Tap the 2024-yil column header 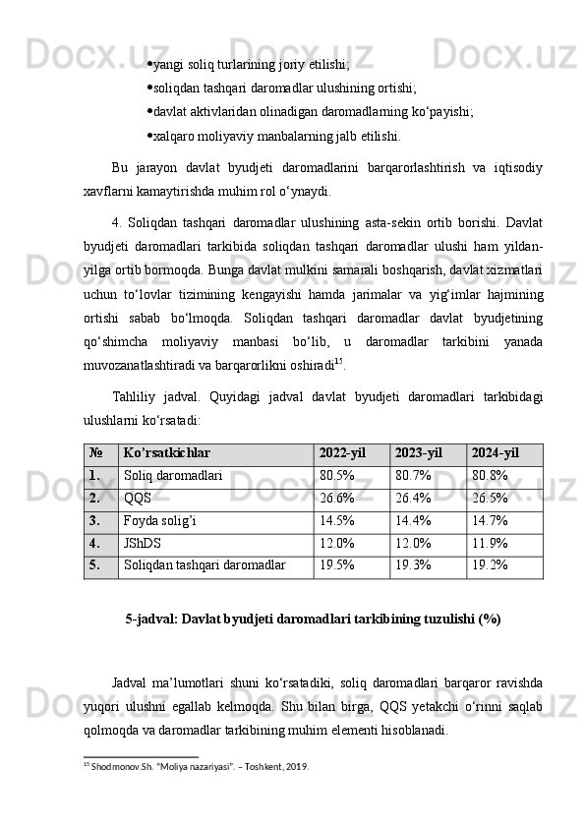pyautogui.click(x=497, y=454)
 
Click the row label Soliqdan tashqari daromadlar pyautogui.click(x=205, y=566)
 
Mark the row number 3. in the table pyautogui.click(x=94, y=521)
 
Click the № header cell pyautogui.click(x=95, y=454)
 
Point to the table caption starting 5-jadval pyautogui.click(x=314, y=619)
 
